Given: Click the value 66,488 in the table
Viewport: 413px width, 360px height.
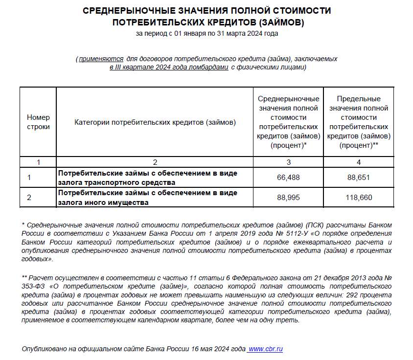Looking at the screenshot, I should click(288, 178).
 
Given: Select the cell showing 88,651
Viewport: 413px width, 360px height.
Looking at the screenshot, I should click(359, 178).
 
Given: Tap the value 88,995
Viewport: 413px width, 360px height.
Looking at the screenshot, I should click(288, 198).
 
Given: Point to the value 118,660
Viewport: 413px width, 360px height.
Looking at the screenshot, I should click(359, 198).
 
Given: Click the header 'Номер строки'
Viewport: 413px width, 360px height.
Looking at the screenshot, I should click(38, 122).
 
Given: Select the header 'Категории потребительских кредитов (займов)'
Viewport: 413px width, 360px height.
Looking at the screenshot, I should click(155, 122).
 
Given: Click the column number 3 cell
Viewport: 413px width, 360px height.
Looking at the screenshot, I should click(288, 162).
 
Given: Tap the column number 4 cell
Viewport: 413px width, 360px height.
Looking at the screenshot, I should click(359, 162).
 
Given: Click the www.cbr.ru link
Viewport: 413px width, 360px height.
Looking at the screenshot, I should click(265, 349).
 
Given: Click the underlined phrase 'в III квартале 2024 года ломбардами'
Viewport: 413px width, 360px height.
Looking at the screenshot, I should click(169, 67).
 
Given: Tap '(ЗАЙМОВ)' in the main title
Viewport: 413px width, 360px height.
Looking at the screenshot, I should click(281, 22).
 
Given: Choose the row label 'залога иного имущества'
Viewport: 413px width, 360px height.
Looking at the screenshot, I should click(104, 202).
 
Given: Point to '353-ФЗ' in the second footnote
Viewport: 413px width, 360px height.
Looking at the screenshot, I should click(32, 286).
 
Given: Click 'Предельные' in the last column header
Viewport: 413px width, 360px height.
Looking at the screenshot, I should click(359, 99).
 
